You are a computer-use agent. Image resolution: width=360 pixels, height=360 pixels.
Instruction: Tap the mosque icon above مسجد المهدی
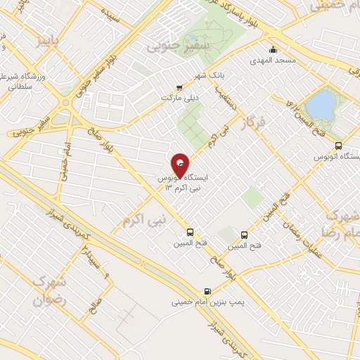(x=274, y=50)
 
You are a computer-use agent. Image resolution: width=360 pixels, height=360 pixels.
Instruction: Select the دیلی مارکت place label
(x=181, y=98)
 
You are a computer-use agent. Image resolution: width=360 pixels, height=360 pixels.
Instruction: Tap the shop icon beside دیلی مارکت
(x=181, y=88)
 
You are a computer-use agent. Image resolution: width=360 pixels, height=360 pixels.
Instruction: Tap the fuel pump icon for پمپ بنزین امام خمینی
(x=207, y=291)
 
